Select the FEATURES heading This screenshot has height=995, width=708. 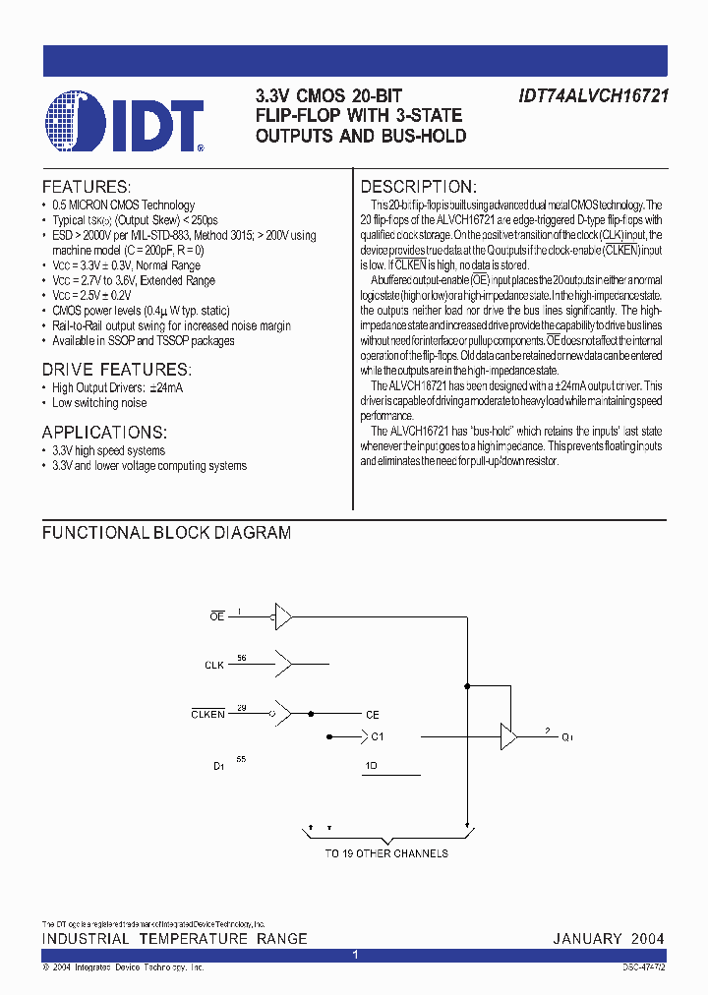86,187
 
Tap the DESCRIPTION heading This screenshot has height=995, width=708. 419,187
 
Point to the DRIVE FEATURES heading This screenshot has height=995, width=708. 114,370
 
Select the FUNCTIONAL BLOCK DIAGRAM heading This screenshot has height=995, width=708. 166,533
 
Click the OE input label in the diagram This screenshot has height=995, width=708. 217,615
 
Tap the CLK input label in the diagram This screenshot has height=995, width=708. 214,666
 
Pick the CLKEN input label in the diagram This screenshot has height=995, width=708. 207,715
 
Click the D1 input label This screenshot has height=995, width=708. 219,764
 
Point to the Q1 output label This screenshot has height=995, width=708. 567,736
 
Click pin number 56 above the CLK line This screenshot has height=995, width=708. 242,658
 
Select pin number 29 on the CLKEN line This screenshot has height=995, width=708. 242,707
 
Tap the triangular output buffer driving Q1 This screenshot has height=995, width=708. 508,736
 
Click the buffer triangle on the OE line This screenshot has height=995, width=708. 283,616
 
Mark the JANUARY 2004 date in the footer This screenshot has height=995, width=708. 608,939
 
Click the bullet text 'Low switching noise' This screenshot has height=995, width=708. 99,403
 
